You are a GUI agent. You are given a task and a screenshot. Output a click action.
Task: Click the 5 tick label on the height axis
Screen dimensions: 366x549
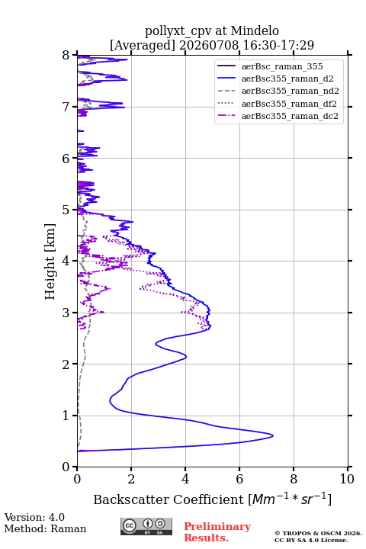(x=66, y=210)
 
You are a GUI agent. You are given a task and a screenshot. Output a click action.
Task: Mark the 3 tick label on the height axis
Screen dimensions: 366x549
(x=66, y=313)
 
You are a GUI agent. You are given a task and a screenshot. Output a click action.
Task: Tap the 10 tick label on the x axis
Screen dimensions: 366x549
(x=347, y=479)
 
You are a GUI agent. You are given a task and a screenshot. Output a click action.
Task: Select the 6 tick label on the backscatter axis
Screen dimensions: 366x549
(x=239, y=479)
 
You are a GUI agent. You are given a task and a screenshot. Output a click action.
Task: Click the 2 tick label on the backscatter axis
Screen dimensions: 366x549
(x=131, y=479)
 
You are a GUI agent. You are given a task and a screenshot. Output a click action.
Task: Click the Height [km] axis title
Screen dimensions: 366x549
(x=50, y=262)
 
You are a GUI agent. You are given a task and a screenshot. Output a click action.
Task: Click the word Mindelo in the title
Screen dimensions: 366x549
(x=255, y=30)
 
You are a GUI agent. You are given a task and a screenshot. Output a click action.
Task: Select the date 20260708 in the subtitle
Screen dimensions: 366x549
(x=209, y=45)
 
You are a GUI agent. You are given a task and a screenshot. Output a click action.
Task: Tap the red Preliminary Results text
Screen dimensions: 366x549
(x=217, y=532)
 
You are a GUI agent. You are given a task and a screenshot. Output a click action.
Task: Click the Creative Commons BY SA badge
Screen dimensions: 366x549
(x=146, y=527)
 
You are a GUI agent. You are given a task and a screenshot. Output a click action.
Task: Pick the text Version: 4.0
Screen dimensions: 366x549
(x=34, y=517)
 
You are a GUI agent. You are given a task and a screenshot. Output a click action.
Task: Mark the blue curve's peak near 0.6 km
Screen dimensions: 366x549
(x=272, y=435)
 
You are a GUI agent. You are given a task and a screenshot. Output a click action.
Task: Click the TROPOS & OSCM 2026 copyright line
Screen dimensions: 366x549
(x=318, y=533)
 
